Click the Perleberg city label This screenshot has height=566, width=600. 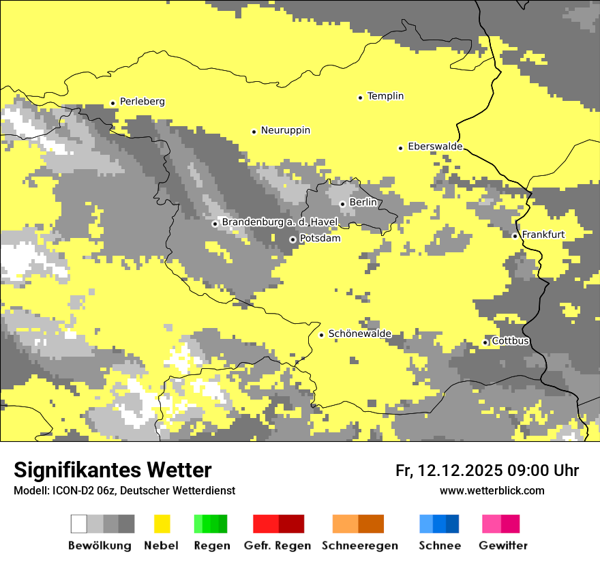click(x=142, y=102)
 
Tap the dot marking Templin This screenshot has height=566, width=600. click(x=360, y=98)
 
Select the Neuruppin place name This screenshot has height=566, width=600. click(x=285, y=130)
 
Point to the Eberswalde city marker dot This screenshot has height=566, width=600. click(x=401, y=148)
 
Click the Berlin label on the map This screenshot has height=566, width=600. click(x=363, y=203)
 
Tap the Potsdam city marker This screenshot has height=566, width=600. click(x=292, y=239)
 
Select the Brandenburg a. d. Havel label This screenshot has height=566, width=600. click(x=280, y=222)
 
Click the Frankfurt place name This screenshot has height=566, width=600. click(x=543, y=235)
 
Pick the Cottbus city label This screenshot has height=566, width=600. click(x=510, y=341)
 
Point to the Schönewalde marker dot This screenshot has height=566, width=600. click(x=322, y=335)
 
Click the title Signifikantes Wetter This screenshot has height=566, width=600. click(x=112, y=470)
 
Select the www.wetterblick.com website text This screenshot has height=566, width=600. click(x=492, y=490)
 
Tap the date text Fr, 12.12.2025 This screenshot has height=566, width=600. click(x=449, y=471)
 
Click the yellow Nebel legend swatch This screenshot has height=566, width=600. click(x=162, y=524)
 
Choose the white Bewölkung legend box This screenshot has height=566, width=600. click(x=79, y=524)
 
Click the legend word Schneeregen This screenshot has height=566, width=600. click(x=359, y=546)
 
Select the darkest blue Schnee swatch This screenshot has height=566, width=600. click(x=452, y=524)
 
